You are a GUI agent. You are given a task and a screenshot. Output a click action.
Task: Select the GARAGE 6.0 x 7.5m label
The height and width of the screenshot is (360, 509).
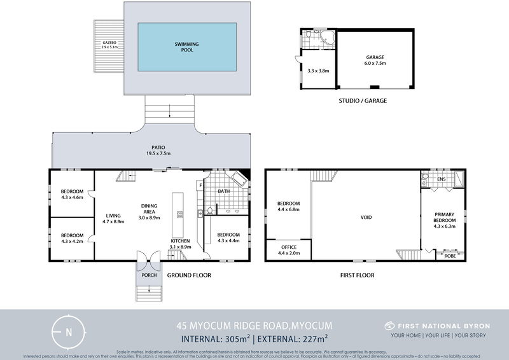374,61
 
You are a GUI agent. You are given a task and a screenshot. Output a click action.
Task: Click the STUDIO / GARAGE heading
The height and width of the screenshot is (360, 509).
363,100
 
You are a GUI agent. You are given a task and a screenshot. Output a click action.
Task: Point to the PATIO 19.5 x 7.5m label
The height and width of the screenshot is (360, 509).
150,150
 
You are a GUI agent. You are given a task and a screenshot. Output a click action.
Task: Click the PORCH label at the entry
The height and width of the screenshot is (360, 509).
149,275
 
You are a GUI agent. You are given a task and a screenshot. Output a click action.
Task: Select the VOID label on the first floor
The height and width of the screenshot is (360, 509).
366,218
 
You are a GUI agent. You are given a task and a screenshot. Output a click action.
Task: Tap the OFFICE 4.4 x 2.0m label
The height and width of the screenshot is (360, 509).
288,249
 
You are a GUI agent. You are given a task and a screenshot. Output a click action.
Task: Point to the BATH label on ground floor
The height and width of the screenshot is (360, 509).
223,191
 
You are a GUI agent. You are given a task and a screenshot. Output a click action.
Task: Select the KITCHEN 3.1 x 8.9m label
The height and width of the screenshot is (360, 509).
181,244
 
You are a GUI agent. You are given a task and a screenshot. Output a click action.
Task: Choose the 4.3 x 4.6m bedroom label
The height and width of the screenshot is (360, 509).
72,194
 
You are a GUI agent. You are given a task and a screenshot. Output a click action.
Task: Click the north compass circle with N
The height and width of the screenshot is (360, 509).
69,331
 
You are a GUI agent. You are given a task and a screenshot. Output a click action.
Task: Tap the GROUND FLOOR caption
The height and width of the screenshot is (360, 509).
189,275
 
